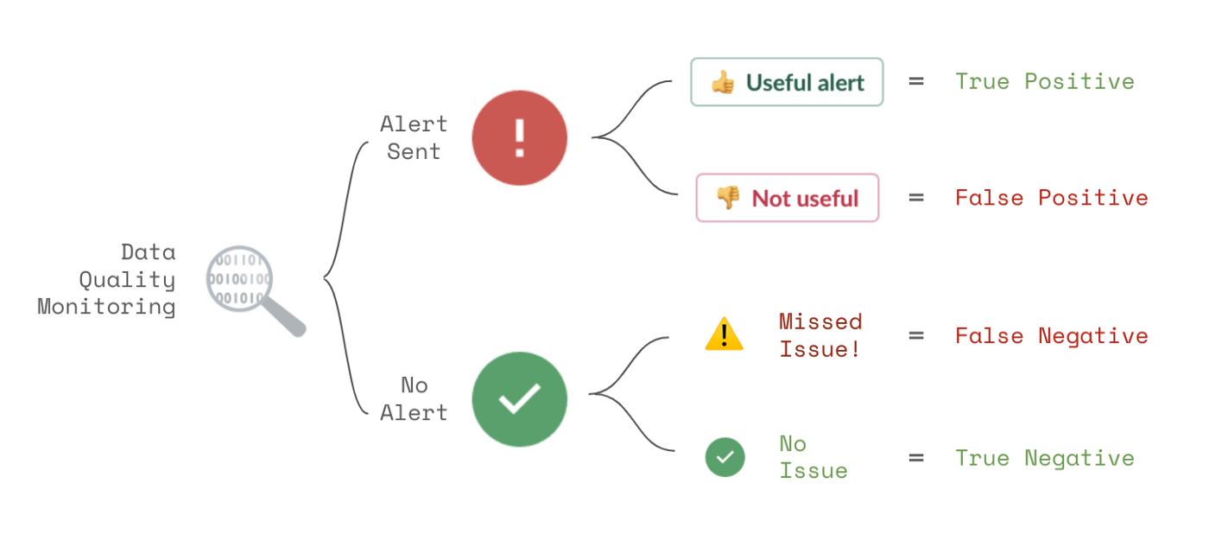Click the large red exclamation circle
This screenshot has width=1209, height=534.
[519, 138]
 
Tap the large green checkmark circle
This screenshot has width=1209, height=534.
[519, 399]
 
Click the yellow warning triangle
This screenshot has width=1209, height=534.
[725, 334]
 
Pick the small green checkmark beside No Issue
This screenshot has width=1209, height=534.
[725, 457]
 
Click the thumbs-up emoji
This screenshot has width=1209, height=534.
[723, 83]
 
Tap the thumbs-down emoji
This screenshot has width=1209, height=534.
[728, 198]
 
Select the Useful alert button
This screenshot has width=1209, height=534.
[787, 82]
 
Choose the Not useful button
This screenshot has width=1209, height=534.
[788, 198]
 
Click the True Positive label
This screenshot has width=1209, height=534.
[1045, 81]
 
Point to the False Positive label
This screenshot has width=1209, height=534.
[1052, 198]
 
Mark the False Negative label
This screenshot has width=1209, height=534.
[1052, 336]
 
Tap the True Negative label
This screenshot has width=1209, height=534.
[1045, 459]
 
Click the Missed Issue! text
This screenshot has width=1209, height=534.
[820, 335]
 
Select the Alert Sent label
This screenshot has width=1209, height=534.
[414, 137]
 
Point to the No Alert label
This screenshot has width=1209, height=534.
[414, 399]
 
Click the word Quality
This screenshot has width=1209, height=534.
[128, 280]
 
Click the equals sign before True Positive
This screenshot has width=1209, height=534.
[916, 81]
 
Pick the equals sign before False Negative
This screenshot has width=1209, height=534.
[916, 336]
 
